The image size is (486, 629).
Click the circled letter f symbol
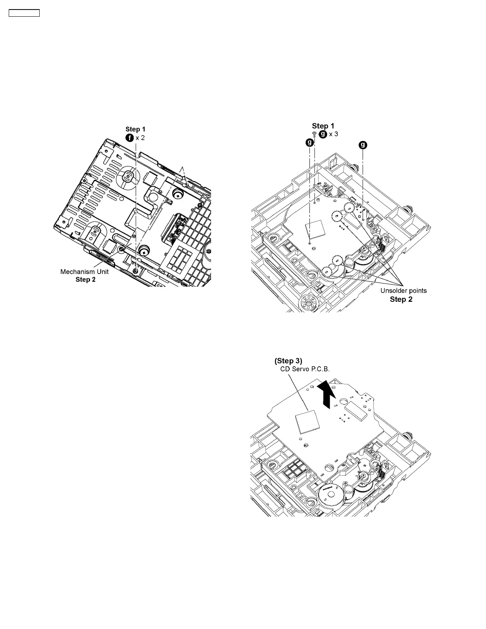click(130, 138)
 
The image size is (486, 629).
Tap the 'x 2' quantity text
click(140, 138)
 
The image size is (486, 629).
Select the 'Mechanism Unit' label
click(84, 272)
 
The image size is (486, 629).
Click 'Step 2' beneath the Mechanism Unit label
click(85, 280)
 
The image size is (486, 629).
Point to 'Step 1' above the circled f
click(135, 129)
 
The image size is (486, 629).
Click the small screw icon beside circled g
click(314, 134)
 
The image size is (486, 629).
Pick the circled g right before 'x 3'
click(323, 134)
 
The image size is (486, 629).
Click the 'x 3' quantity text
click(334, 134)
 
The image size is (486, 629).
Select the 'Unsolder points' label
click(403, 291)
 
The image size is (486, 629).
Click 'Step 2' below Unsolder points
click(401, 299)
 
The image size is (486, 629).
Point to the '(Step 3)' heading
click(288, 361)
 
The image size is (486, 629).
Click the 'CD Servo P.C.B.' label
click(303, 369)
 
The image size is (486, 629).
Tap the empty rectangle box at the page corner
click(24, 13)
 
